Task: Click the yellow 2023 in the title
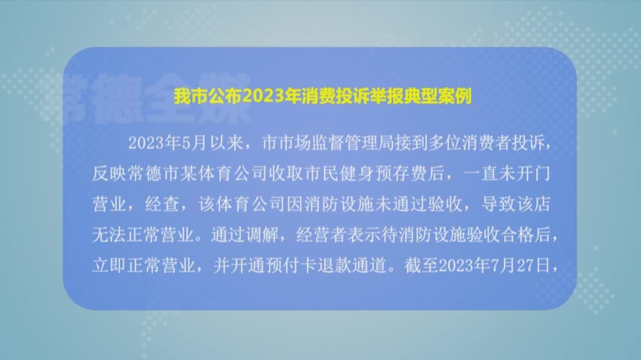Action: click(x=263, y=97)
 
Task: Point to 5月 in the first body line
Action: click(x=194, y=143)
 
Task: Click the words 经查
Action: click(x=162, y=204)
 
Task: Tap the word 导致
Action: click(x=498, y=204)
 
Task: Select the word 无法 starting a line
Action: click(x=109, y=235)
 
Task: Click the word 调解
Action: click(x=262, y=235)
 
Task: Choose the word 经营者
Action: click(x=321, y=235)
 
